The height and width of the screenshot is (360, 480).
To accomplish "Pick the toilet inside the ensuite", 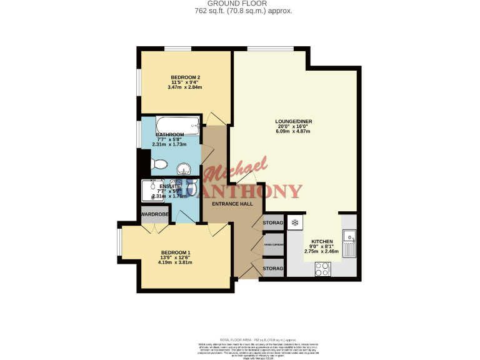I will (192, 187).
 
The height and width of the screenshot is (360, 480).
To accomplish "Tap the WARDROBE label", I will (154, 214).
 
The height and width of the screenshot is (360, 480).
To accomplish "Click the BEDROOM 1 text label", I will (176, 252).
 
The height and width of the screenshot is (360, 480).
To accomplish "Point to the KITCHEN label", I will (322, 241).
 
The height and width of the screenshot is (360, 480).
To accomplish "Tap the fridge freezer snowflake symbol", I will (295, 222).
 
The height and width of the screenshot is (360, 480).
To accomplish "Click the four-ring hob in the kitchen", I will (323, 269).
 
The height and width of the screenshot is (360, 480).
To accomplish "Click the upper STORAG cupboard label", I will (273, 222).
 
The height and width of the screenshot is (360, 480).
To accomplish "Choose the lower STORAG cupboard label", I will (273, 268).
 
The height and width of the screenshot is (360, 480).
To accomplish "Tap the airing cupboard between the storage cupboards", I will (274, 245).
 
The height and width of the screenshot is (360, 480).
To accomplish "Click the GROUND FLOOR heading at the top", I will (239, 4).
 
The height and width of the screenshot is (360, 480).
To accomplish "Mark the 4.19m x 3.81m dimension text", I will (176, 262).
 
